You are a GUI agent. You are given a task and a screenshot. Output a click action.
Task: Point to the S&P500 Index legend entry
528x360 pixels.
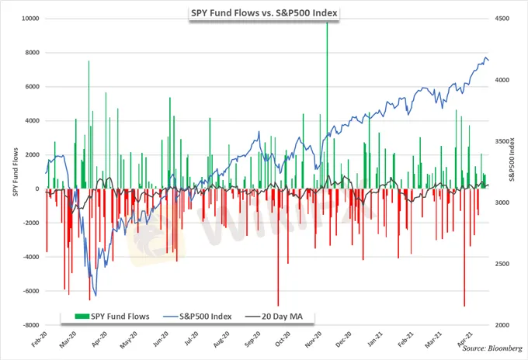pyautogui.click(x=193, y=317)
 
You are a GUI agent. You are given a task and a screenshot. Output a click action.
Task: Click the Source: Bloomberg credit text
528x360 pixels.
pyautogui.click(x=492, y=348)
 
